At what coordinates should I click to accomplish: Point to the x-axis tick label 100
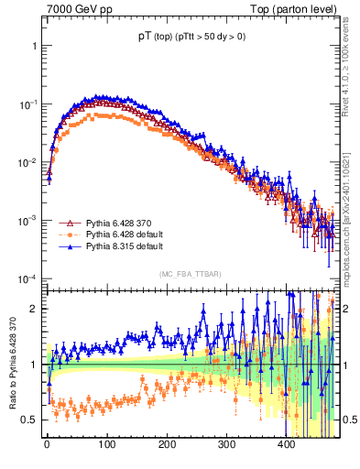[107, 444]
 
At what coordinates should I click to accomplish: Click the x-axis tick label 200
[167, 444]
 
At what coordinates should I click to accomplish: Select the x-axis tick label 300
[226, 444]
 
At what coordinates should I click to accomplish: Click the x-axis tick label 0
[48, 444]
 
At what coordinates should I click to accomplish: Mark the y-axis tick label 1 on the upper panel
[34, 45]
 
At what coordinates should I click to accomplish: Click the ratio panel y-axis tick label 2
[34, 309]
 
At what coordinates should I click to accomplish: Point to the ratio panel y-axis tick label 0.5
[30, 420]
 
